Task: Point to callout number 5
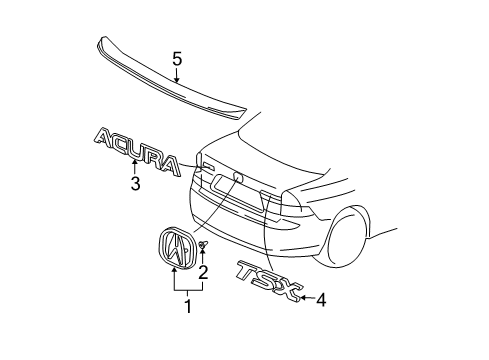coord(176,59)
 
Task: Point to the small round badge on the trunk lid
coord(238,178)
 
